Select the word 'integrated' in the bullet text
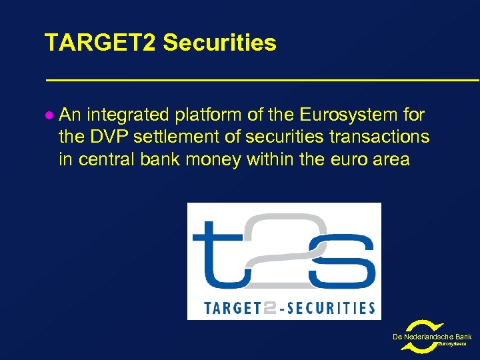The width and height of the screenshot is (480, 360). click(127, 115)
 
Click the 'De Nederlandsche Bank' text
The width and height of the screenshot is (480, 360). click(432, 337)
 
